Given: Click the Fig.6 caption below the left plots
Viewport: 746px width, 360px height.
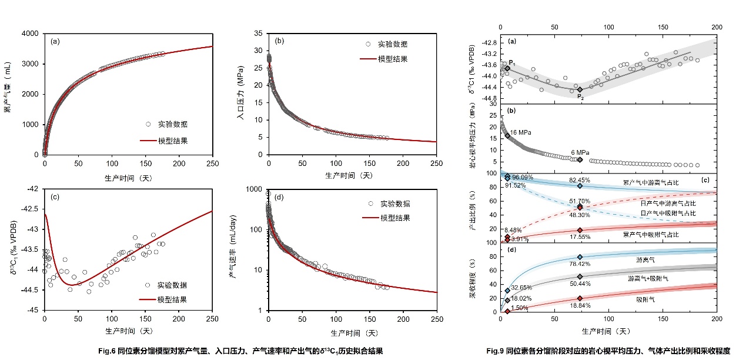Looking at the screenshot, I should point(241,351).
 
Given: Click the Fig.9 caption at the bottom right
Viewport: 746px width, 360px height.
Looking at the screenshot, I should point(608,351).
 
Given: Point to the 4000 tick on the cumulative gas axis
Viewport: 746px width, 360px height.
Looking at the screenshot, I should point(30,34).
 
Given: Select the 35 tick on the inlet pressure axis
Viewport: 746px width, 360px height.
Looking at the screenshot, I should point(257,34).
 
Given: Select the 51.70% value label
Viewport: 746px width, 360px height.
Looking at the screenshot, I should point(580,201).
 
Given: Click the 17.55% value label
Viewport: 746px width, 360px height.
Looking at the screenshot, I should point(581,238).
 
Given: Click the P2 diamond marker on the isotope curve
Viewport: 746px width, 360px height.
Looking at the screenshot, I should point(580,89).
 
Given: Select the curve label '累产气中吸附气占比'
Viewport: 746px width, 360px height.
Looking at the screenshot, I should point(650,234).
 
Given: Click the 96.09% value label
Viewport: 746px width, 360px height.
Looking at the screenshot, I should point(523,177).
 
